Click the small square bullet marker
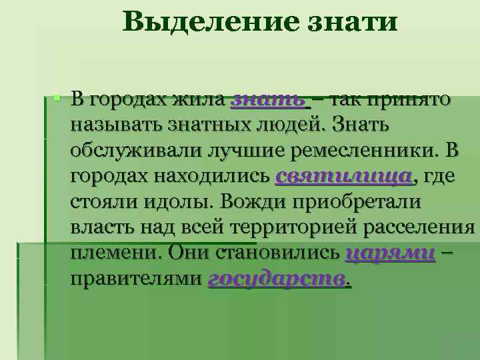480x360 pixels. [x=58, y=99]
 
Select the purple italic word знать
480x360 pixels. [x=268, y=101]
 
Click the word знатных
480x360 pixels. [x=225, y=126]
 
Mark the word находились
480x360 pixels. [x=204, y=177]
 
